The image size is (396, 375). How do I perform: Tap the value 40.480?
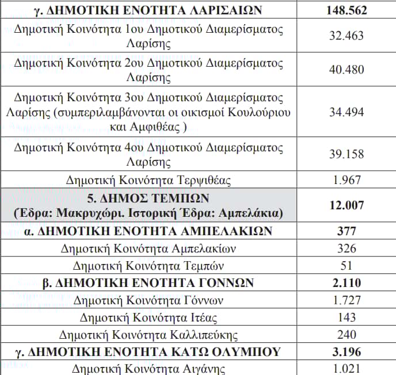(x=346, y=69)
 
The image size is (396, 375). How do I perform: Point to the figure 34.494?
(x=346, y=112)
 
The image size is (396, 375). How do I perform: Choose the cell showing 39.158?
(x=346, y=154)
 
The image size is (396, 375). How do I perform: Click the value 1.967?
(x=346, y=181)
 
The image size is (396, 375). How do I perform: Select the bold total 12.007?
(x=346, y=205)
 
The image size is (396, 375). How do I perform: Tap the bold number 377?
(x=346, y=232)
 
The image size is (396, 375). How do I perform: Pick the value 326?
(x=346, y=248)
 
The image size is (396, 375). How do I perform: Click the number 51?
(x=346, y=266)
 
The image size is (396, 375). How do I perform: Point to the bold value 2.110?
(x=346, y=283)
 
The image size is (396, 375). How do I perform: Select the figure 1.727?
(x=346, y=300)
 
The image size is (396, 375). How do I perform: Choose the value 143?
(x=346, y=317)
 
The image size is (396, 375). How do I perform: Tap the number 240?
(x=346, y=335)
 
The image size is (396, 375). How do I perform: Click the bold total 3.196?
(x=346, y=351)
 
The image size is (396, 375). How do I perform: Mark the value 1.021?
(x=346, y=369)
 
